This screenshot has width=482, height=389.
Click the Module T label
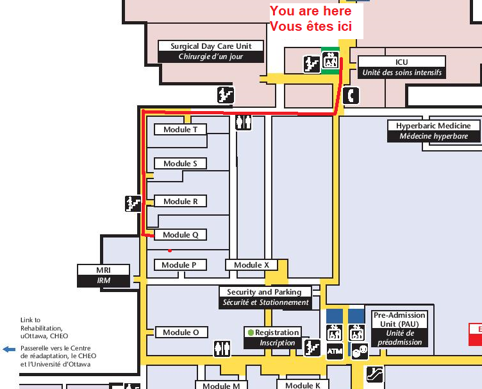click(180, 130)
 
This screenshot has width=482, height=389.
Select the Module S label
click(180, 164)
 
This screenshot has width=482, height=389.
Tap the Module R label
click(180, 202)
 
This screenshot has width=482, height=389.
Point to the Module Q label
click(180, 235)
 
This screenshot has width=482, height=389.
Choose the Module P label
click(179, 265)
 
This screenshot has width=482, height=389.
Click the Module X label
click(251, 265)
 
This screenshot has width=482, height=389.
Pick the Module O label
click(181, 333)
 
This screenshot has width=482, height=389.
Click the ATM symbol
click(335, 351)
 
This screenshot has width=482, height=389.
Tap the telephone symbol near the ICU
click(351, 95)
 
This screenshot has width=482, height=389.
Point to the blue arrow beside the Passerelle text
click(9, 349)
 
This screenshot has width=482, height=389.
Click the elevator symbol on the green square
click(331, 62)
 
